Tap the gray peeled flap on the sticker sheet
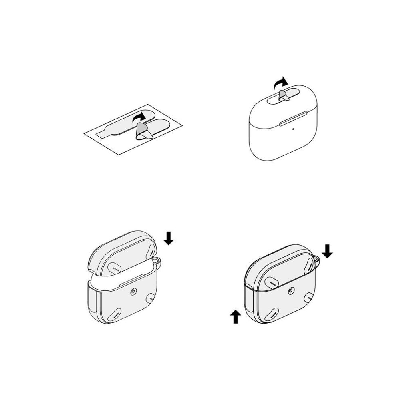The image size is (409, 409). [142, 131]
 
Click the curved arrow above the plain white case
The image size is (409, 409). [280, 83]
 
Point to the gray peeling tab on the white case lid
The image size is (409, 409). [283, 96]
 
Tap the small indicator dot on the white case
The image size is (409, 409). [294, 129]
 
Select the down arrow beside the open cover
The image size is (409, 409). [169, 238]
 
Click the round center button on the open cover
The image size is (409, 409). [133, 292]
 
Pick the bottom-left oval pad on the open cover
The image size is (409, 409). [115, 314]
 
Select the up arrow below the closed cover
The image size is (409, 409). [236, 317]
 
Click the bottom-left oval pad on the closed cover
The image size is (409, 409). [273, 314]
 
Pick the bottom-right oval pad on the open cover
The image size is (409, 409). [151, 298]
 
